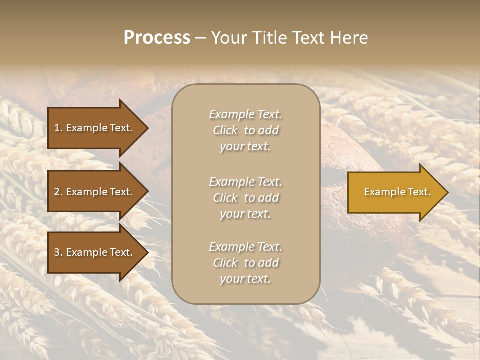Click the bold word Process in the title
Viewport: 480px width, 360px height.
[157, 38]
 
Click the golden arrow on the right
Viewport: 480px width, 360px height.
[395, 192]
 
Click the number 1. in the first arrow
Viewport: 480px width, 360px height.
[58, 128]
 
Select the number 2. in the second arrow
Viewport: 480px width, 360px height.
[58, 192]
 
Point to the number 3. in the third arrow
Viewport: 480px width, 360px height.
[58, 252]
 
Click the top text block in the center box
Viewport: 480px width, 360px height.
[245, 130]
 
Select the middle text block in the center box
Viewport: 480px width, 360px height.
[245, 198]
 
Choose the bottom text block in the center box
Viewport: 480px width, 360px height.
[245, 263]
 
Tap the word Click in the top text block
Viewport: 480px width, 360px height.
[225, 130]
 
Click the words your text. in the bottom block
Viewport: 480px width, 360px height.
[245, 279]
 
